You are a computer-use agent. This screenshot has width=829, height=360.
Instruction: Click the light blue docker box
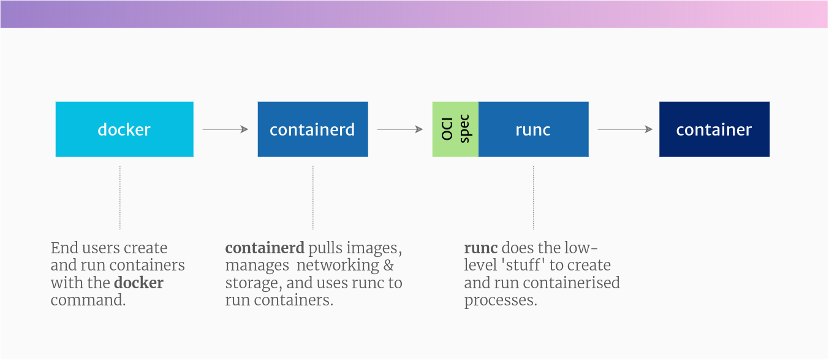coord(124,129)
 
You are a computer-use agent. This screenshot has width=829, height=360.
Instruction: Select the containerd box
coord(312,129)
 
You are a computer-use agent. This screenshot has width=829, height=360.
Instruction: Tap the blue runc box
coord(533,129)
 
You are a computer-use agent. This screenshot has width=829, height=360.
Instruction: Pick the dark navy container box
coord(714,129)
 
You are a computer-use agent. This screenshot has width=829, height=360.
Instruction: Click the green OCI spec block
coord(455,129)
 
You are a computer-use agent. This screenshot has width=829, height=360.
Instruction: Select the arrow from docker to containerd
coord(225,129)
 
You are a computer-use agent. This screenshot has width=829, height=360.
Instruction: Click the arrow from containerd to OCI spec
coord(399,129)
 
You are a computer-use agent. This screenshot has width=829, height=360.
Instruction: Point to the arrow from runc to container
coord(624,129)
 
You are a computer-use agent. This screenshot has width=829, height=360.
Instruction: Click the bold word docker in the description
coord(138,283)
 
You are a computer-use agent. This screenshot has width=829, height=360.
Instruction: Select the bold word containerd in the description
coord(265,248)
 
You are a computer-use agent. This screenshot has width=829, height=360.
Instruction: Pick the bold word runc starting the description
coord(480,248)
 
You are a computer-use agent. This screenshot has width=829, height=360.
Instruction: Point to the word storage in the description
coord(248,283)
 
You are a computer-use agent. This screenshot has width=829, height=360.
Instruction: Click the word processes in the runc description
coord(500,301)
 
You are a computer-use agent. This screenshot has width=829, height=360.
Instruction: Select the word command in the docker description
coord(88,301)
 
